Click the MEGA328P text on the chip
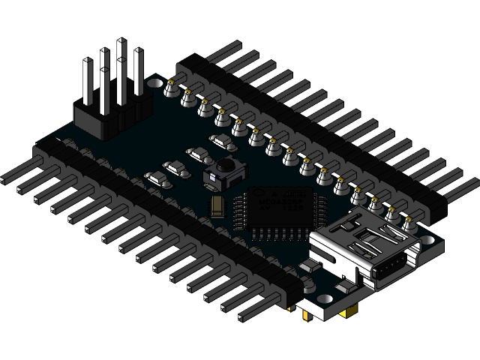coord(275,201)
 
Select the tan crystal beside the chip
coord(217,204)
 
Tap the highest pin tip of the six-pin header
coord(121,43)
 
